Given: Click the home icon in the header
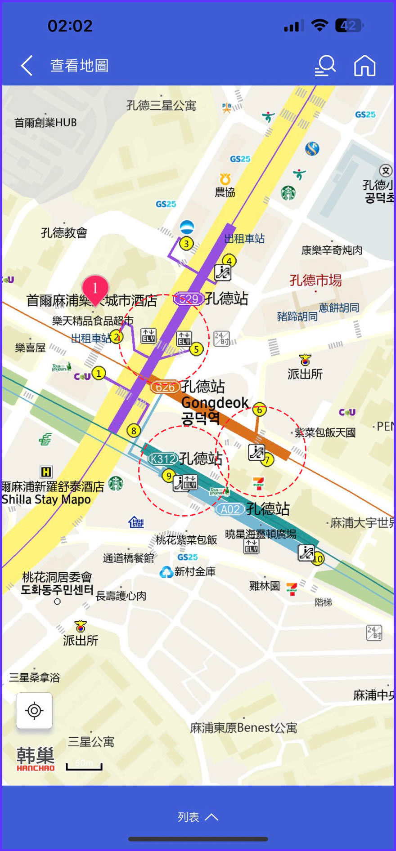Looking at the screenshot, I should pyautogui.click(x=364, y=66).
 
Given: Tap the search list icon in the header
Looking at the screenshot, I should pyautogui.click(x=325, y=66).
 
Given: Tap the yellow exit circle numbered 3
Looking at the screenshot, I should pyautogui.click(x=186, y=244).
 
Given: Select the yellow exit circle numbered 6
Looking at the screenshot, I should pyautogui.click(x=259, y=410).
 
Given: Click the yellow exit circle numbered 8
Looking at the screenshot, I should pyautogui.click(x=134, y=431).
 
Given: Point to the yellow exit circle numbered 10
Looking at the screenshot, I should pyautogui.click(x=318, y=559).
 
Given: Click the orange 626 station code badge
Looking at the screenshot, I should pyautogui.click(x=165, y=387).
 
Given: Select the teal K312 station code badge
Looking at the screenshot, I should pyautogui.click(x=163, y=459).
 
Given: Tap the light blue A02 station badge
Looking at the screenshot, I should pyautogui.click(x=230, y=509).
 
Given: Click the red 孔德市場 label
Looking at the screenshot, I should pyautogui.click(x=315, y=281).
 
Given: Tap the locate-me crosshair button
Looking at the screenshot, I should pyautogui.click(x=34, y=711).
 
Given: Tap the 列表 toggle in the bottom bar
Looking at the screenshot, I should pyautogui.click(x=198, y=817).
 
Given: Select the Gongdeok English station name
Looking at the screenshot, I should pyautogui.click(x=215, y=402).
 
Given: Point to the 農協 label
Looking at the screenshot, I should pyautogui.click(x=225, y=192).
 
